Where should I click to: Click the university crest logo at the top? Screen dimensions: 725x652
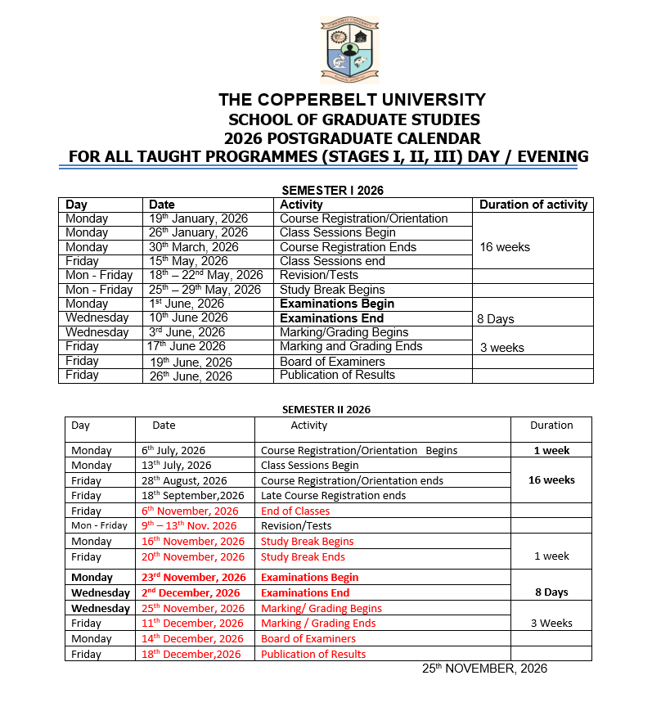(x=348, y=50)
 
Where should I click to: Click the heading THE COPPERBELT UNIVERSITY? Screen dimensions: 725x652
(x=352, y=100)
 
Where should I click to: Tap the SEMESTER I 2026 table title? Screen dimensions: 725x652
(x=332, y=190)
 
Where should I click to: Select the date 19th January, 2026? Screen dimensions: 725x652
(x=198, y=218)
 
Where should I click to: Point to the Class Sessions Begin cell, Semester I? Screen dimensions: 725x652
(x=337, y=232)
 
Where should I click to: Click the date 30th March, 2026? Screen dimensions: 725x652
(x=194, y=247)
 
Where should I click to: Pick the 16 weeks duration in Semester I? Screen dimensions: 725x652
(x=505, y=247)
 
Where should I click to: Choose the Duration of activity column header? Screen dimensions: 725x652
(x=533, y=205)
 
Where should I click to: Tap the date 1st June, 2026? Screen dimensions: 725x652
(x=188, y=304)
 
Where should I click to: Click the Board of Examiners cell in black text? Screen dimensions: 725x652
(x=332, y=362)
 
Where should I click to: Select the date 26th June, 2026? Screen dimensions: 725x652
(x=191, y=376)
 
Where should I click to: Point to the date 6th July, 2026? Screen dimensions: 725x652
(x=173, y=450)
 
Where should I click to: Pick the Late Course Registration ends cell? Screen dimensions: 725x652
(x=333, y=496)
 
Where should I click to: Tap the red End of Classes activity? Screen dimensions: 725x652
(x=295, y=511)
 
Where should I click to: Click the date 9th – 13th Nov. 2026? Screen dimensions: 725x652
(x=189, y=526)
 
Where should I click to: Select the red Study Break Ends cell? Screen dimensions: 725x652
(x=303, y=556)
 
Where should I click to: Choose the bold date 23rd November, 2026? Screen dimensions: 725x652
(x=193, y=577)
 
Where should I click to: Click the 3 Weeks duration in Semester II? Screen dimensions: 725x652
(x=551, y=623)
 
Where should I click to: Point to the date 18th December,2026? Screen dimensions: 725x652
(x=191, y=654)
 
